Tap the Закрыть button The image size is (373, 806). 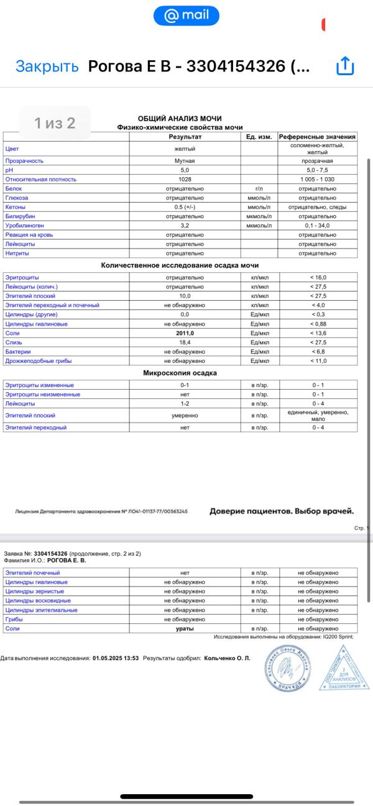click(x=47, y=66)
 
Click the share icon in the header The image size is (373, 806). click(x=344, y=66)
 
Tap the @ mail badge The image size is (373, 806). click(x=186, y=16)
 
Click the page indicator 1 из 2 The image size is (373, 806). click(x=55, y=123)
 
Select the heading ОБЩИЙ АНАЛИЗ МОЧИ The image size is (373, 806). click(x=180, y=119)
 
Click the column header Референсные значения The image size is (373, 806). click(x=317, y=136)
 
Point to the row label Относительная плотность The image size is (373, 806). click(x=40, y=180)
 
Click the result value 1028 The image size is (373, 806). click(x=184, y=180)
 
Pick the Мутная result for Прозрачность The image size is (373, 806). click(x=184, y=161)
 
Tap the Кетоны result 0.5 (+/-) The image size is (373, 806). click(x=184, y=207)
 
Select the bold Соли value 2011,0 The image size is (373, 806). click(x=184, y=333)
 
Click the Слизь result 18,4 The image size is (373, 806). click(x=184, y=342)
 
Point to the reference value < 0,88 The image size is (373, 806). click(x=318, y=324)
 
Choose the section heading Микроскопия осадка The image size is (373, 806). click(x=180, y=373)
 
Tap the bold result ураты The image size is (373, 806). click(x=184, y=629)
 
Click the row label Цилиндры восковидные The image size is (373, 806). click(x=37, y=601)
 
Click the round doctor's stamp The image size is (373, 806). click(x=288, y=668)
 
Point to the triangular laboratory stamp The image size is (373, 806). click(x=344, y=669)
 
